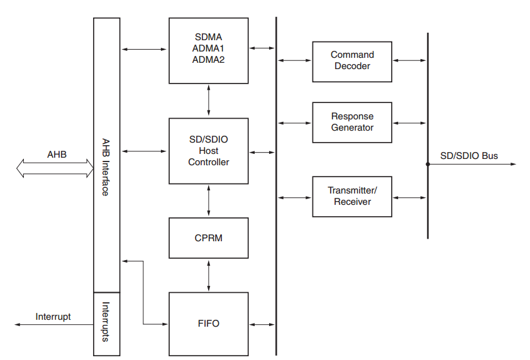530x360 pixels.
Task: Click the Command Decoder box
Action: [352, 61]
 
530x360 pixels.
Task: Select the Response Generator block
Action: [352, 123]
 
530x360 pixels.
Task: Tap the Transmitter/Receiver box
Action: [352, 197]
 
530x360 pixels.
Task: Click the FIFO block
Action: [208, 324]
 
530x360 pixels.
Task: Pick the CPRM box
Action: [208, 238]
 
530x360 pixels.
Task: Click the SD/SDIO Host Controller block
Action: [208, 151]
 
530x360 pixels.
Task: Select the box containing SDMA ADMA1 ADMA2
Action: [208, 50]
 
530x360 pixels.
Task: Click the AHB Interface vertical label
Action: [106, 167]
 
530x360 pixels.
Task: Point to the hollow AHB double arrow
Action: [55, 168]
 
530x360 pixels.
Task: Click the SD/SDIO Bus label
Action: [469, 155]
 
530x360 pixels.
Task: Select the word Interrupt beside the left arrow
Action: [53, 317]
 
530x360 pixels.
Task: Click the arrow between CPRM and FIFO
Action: [208, 275]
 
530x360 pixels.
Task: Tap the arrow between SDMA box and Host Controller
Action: [208, 101]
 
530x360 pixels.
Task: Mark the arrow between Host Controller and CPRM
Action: [208, 201]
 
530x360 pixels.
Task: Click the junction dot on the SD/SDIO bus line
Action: [428, 165]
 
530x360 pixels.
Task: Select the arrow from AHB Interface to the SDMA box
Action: [144, 48]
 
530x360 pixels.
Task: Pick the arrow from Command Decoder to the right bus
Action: [409, 61]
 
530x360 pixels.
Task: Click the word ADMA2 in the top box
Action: [208, 60]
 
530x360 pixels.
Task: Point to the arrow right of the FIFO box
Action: [262, 324]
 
